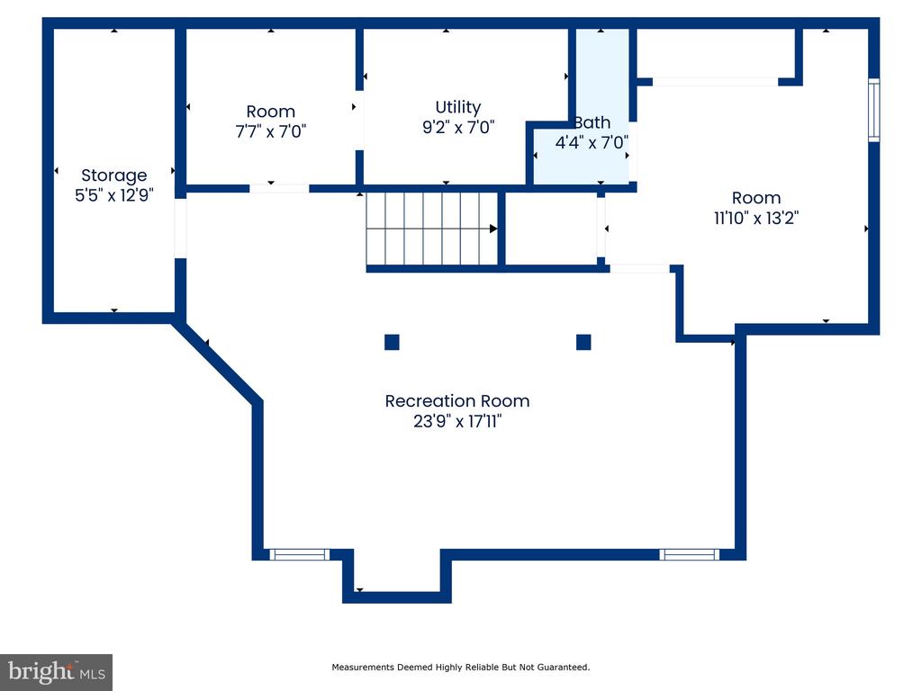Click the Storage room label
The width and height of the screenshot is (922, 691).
pos(114,175)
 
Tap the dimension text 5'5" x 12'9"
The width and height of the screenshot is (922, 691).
pos(114,195)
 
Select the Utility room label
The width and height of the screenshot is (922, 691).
pos(458,108)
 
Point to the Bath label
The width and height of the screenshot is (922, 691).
pos(592,122)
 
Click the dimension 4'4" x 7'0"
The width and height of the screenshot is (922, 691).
pos(592,142)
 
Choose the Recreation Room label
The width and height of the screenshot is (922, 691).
pos(457,400)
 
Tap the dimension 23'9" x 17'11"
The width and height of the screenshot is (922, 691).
pos(457,421)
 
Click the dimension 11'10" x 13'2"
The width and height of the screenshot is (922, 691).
pos(756,218)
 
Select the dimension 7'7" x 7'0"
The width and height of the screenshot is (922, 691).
pos(270,131)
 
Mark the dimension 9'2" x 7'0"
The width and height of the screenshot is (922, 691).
pos(458,127)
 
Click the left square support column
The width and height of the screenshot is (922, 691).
pos(393,342)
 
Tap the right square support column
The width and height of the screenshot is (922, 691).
pos(583,342)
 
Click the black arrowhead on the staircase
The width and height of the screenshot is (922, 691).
pos(493,229)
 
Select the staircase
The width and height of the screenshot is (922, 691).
pos(432,229)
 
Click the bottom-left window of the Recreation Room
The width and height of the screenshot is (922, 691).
pos(299,554)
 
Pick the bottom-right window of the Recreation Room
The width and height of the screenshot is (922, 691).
pos(689,554)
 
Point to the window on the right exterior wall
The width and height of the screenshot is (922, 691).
pos(874,110)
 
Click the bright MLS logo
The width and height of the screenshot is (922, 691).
pos(57,672)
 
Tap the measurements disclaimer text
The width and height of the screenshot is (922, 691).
pos(461,667)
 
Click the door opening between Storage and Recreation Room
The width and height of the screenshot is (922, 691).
pos(180,229)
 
